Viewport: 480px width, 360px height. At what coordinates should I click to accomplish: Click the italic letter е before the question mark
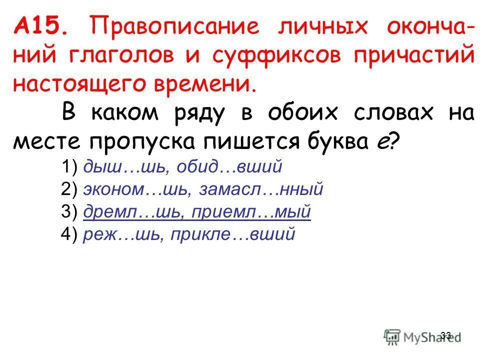[381, 142]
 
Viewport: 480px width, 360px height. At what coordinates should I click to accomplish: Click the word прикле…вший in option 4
[240, 234]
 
